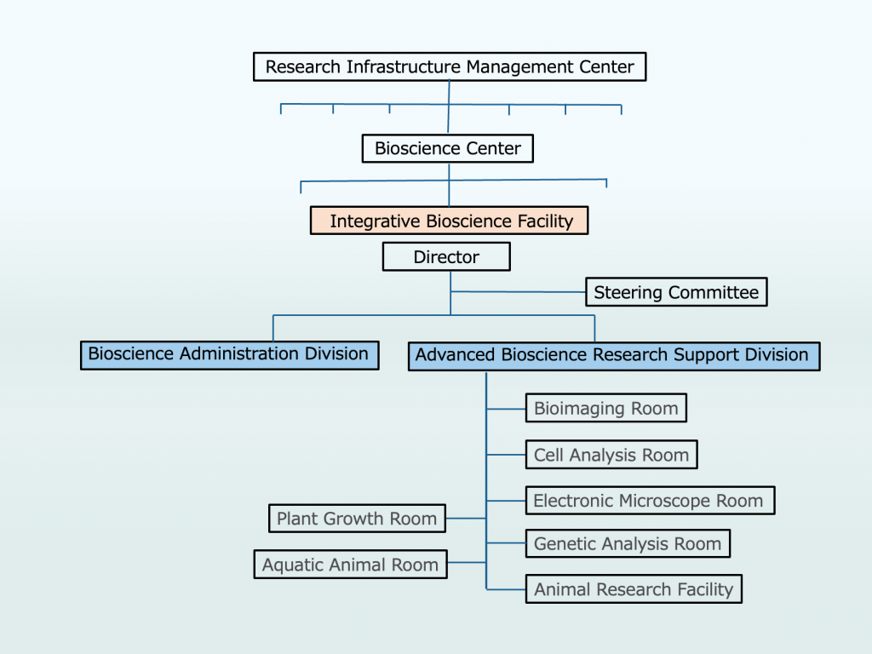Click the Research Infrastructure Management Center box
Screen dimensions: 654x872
pos(450,66)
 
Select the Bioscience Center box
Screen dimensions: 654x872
pos(448,148)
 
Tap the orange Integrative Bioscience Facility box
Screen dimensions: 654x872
pos(450,221)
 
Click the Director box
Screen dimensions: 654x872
pos(446,256)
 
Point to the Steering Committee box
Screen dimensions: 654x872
pos(676,292)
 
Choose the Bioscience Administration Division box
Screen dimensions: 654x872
pos(228,353)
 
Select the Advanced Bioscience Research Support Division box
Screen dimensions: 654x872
pos(613,355)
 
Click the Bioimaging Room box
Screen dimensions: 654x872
pos(605,408)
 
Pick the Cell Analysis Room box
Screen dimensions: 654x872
pos(611,455)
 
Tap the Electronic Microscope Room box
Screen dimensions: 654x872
pos(649,500)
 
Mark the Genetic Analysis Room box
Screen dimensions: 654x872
pos(628,543)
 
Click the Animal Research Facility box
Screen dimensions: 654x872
pos(634,588)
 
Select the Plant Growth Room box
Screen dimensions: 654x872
pos(357,518)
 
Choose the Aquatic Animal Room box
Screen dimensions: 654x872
pos(350,564)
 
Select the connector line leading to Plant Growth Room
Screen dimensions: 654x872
pos(466,518)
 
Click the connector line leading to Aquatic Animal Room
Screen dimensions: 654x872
pos(467,563)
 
